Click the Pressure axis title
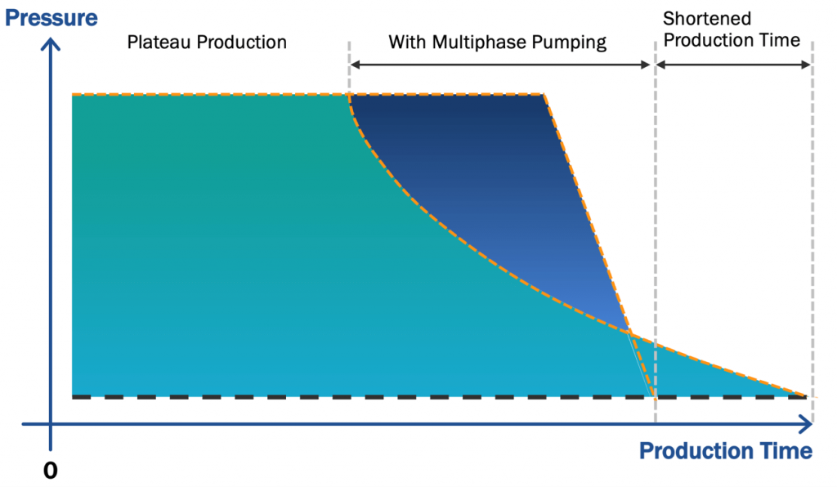[51, 16]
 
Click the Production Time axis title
[725, 451]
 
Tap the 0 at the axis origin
[51, 471]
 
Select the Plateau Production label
[207, 42]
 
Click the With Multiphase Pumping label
[497, 42]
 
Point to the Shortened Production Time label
[731, 29]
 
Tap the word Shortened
[706, 18]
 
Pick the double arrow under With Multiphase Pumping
[501, 65]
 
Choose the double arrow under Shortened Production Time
[733, 65]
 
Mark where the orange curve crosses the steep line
[630, 332]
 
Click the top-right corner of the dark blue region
[544, 96]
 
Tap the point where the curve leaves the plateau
[350, 96]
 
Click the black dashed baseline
[327, 397]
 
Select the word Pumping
[571, 42]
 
